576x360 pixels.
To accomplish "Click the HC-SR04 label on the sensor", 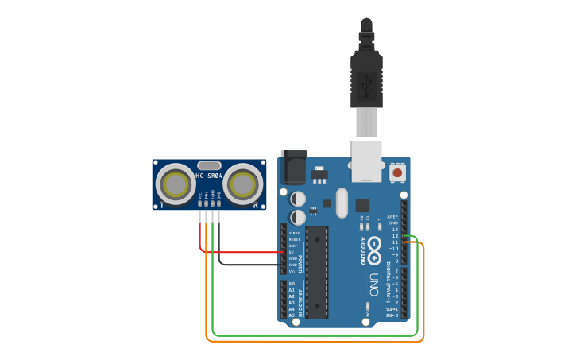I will coord(207,176).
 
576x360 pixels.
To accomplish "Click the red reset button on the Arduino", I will coord(397,172).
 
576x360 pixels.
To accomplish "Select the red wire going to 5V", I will coord(238,252).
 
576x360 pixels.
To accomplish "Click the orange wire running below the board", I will coord(318,342).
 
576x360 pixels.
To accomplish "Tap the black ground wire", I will coord(246,264).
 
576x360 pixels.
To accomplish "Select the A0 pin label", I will coord(292,284).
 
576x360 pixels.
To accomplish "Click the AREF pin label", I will coord(392,217).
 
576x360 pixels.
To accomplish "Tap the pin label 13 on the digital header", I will coord(395,230).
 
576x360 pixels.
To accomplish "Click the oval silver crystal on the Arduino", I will coord(342,203).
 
